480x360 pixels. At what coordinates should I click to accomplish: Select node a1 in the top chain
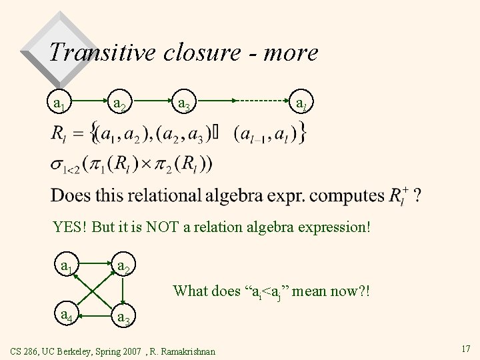point(59,103)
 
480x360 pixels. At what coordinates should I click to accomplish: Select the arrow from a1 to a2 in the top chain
point(89,101)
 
